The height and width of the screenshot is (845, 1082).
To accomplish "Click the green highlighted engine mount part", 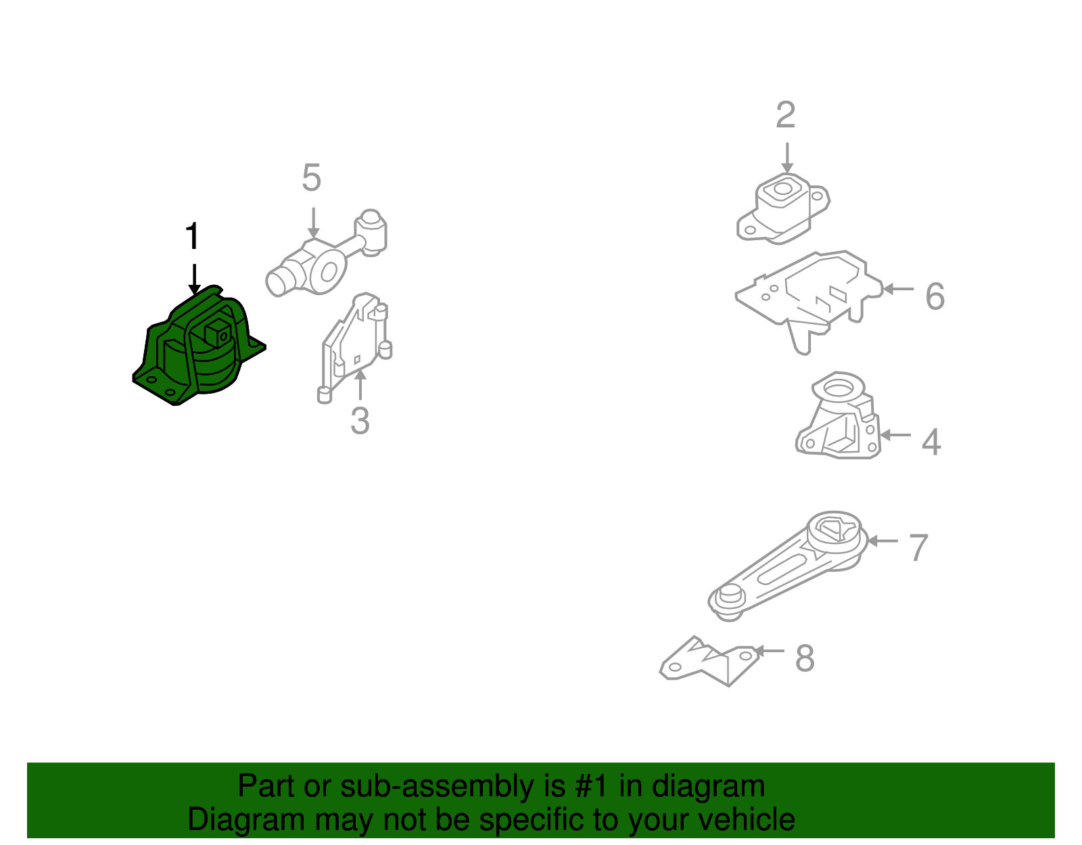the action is coord(199,348).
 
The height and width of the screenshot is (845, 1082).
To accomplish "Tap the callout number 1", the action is coord(193,236).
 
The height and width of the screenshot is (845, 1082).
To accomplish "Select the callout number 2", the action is coord(786,115).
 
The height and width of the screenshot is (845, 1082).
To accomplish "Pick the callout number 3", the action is coord(360,421).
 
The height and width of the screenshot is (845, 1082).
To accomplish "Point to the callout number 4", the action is coord(931,442).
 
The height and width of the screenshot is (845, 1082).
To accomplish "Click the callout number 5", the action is coord(312,177).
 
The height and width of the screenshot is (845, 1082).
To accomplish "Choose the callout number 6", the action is coord(935,296).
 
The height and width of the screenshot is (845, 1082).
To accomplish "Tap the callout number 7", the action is coord(918,548).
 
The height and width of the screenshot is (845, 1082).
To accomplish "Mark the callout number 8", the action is coord(805,658).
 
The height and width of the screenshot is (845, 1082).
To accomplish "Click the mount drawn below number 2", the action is coord(783,209).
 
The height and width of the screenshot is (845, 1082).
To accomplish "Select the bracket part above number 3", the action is coord(354,347).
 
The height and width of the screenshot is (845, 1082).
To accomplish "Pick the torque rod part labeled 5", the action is coord(326,253).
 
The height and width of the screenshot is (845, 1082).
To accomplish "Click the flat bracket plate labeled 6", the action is coord(809,301).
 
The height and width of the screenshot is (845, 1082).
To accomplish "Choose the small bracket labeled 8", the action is coord(709,661).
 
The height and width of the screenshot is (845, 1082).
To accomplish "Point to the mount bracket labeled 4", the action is coord(838,415).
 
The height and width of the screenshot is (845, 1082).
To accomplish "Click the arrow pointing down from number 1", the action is coord(194,279).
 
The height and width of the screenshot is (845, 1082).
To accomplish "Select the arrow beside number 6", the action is coord(898,289).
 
